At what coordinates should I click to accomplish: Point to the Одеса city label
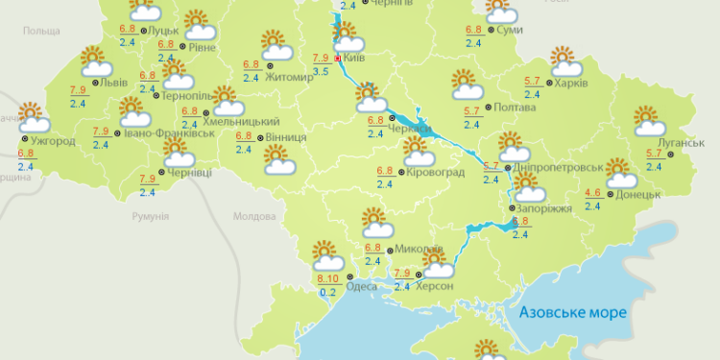pyautogui.click(x=361, y=284)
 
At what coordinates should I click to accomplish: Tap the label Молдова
pyautogui.click(x=253, y=216)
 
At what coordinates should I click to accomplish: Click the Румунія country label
pyautogui.click(x=150, y=216)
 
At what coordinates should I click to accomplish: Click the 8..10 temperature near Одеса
pyautogui.click(x=327, y=279)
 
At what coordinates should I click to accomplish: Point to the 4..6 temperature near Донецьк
pyautogui.click(x=592, y=193)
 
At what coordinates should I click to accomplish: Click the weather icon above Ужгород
pyautogui.click(x=33, y=117)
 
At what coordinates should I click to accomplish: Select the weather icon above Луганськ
pyautogui.click(x=649, y=121)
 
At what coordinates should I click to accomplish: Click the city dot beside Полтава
pyautogui.click(x=487, y=108)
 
